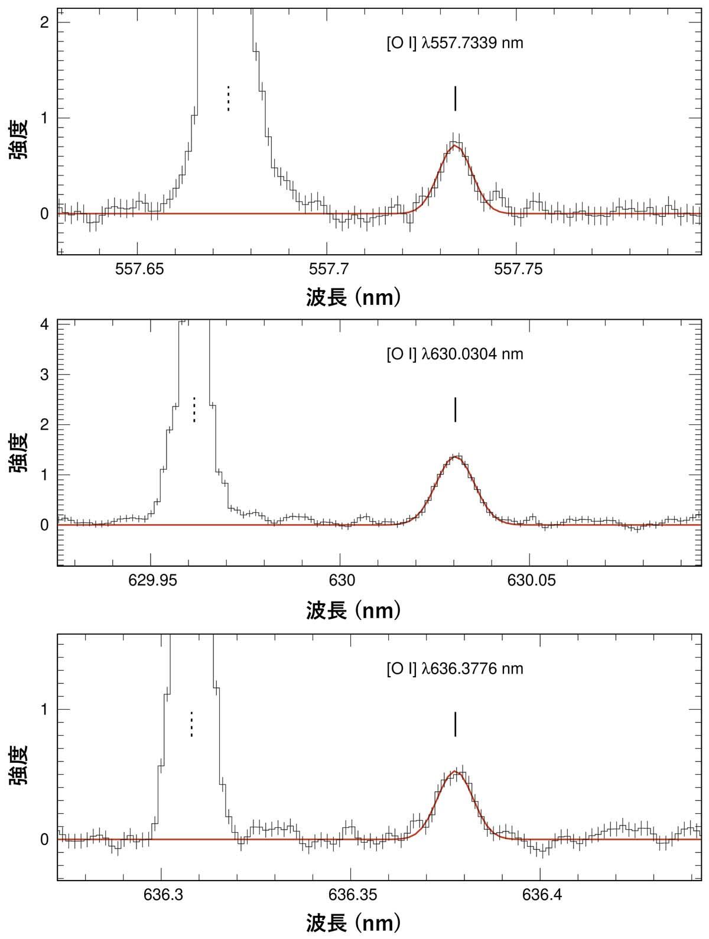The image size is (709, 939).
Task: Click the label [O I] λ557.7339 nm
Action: click(454, 43)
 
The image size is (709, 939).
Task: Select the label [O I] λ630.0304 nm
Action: click(454, 354)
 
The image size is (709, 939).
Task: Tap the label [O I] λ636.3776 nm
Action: click(454, 668)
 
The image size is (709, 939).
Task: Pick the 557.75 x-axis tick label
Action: click(518, 269)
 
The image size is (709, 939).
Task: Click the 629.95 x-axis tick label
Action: click(152, 580)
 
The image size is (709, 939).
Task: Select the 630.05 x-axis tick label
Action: click(530, 580)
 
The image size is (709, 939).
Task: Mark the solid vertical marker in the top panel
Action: click(455, 98)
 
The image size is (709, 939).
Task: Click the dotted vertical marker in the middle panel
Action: click(194, 409)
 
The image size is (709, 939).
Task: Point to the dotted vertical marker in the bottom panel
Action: click(191, 724)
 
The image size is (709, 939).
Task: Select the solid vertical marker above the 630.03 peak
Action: click(456, 410)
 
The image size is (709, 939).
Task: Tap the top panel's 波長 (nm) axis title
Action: click(354, 297)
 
